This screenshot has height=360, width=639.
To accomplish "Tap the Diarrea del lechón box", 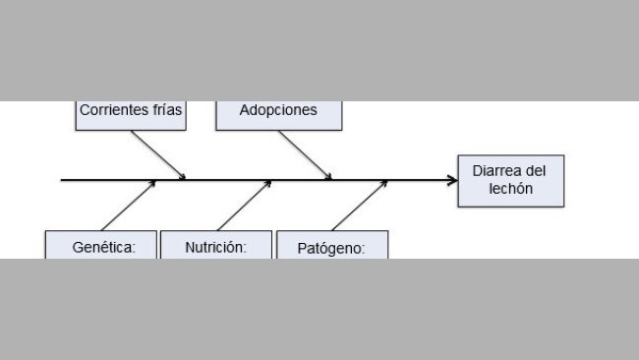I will pos(511,180).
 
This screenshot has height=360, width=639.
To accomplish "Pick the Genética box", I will pos(102,245).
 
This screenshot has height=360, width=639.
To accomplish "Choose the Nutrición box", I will pos(215,245).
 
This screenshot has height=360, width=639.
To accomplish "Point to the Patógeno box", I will pos(332,246).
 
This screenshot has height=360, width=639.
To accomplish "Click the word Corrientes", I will pos(114,110).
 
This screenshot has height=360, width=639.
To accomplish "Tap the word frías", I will pos(167,110).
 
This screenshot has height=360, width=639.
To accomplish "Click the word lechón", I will pos(511,188).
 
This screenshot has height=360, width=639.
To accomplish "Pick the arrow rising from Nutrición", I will pos(243,205).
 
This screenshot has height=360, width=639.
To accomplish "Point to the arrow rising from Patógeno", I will pos(358,205).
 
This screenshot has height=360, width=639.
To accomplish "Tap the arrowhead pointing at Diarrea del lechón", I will pos(452,180).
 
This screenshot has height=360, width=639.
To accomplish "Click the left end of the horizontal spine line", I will pos(63,180).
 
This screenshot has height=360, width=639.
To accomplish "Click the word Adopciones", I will pos(279,110).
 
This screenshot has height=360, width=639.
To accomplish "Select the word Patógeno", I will pos(330,249).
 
